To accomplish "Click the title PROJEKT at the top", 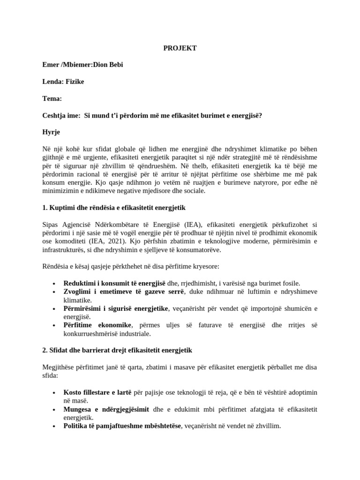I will (180, 48).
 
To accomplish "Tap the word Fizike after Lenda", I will (75, 82).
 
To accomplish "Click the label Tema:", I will (52, 98).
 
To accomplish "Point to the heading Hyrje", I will (51, 132).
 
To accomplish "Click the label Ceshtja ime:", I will (61, 115).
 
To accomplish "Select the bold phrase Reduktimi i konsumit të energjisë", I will (114, 283).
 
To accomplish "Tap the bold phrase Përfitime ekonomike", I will (97, 325).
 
